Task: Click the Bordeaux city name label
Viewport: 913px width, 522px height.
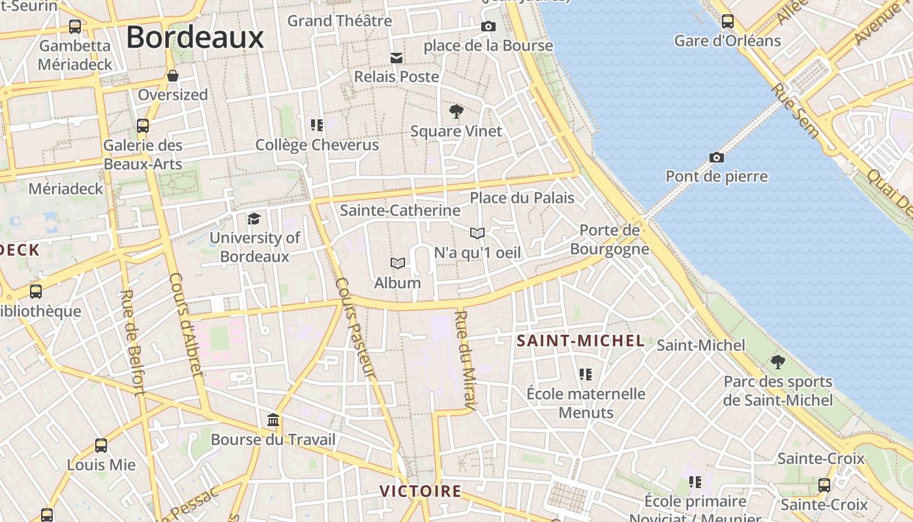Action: point(195,37)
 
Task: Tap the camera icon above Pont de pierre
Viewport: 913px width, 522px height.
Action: point(717,157)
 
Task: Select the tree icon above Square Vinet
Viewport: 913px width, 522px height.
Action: point(456,112)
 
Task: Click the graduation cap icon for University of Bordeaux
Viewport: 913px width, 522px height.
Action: point(254,219)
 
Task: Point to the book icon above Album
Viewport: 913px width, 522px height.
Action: point(398,263)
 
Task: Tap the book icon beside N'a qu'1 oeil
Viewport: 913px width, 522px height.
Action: point(477,233)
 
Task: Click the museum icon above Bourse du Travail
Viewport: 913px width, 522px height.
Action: point(273,420)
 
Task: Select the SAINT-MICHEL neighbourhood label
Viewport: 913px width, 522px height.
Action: point(580,341)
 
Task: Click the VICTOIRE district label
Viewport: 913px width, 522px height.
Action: point(421,491)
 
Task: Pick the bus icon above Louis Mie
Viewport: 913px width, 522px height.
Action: point(101,446)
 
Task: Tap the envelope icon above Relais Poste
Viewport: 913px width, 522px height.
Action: point(397,57)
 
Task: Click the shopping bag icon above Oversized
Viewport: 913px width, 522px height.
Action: point(173,76)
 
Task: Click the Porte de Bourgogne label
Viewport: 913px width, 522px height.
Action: point(610,239)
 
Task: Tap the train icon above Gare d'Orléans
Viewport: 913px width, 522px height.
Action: point(728,22)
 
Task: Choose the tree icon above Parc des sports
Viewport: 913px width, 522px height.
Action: point(777,361)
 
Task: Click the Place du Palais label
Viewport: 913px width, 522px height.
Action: point(522,198)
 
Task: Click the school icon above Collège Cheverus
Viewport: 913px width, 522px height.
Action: point(317,125)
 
